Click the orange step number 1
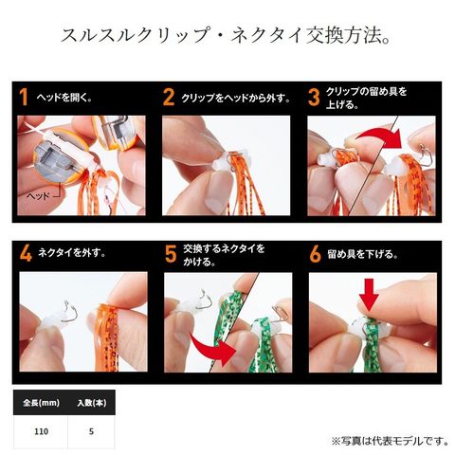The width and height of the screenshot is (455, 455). coord(24,97)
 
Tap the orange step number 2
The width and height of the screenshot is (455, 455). coord(169,97)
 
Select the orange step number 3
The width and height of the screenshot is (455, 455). coord(314,97)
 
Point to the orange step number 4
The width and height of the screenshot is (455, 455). coord(26,253)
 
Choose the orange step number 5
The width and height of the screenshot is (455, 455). coord(171,254)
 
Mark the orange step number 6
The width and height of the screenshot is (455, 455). coord(316,254)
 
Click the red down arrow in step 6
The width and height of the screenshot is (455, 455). coord(369,295)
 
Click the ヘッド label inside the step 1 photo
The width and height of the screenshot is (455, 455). coord(38,196)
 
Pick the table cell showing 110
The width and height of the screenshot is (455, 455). coord(41,431)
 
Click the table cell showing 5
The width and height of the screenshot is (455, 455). coord(91,431)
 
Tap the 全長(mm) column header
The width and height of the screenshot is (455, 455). coord(41,403)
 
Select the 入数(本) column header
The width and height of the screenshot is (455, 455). coord(92,403)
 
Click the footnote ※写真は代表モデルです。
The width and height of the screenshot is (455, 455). coord(391,441)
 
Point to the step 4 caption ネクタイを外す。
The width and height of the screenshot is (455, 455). coord(72,253)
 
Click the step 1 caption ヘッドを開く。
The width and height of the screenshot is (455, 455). coord(64,97)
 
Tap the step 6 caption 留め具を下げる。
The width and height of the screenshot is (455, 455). coord(362,254)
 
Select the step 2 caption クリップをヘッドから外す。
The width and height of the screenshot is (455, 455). coord(236,98)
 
